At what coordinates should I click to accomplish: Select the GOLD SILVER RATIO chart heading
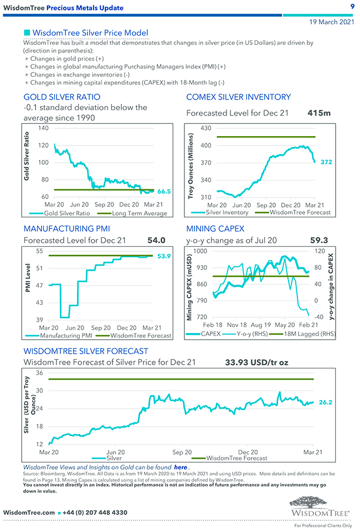click(x=62, y=97)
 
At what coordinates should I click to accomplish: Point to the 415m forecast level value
click(x=318, y=113)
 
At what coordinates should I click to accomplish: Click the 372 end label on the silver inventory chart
click(x=326, y=162)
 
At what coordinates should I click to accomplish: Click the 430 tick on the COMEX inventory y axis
click(x=205, y=128)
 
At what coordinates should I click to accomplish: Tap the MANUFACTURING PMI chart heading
click(x=66, y=229)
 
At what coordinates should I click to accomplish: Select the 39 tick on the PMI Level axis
click(x=39, y=320)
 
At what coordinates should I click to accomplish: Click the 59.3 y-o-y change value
click(x=318, y=240)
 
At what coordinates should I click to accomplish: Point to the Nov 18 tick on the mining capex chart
click(x=236, y=325)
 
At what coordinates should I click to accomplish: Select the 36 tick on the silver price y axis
click(x=39, y=373)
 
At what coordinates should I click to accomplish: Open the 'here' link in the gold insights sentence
click(x=180, y=468)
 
